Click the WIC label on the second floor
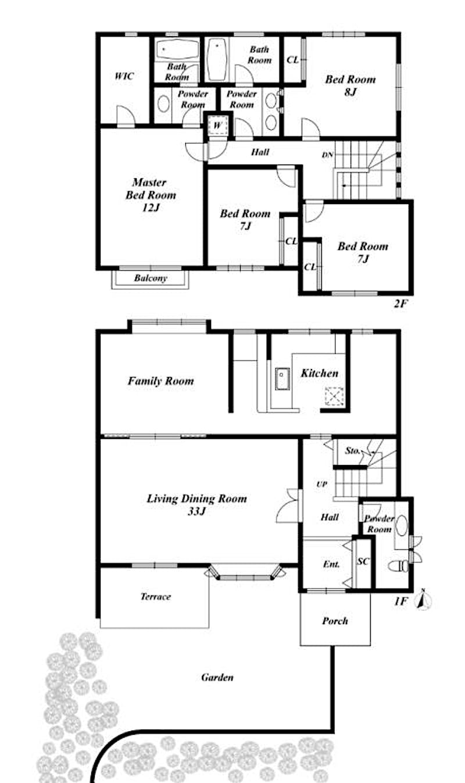(124, 76)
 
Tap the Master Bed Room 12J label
(151, 195)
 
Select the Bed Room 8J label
(350, 85)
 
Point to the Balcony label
(151, 278)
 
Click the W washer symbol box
(217, 125)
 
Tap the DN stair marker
(328, 155)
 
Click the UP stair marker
(321, 484)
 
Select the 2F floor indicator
(400, 303)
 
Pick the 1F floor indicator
(400, 602)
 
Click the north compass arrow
(423, 600)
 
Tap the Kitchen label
(320, 373)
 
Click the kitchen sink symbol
(282, 378)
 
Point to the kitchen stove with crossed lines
(334, 396)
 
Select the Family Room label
(160, 381)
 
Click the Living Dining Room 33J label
(196, 505)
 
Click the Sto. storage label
(352, 451)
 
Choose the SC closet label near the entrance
(363, 561)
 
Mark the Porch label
(335, 621)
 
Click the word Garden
(217, 677)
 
